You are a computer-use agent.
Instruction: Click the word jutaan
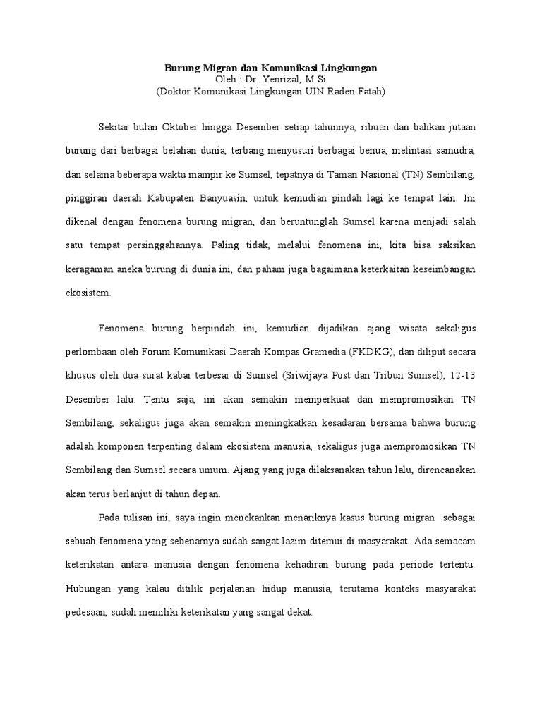tap(459, 127)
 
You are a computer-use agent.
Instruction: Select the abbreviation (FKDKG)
tap(359, 353)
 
